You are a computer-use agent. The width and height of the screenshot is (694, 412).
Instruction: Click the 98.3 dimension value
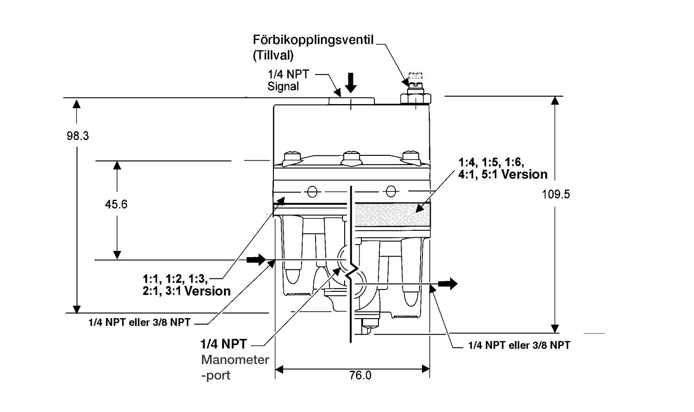[x=77, y=136]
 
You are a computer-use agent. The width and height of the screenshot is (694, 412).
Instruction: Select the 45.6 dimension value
[x=116, y=204]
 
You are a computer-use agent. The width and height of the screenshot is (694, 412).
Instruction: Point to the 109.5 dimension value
[x=556, y=194]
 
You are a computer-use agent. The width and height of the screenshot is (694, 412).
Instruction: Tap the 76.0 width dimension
[x=360, y=375]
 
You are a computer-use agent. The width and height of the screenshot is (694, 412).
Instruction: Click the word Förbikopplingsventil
[x=313, y=40]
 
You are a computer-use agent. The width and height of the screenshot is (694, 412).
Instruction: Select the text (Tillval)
[x=273, y=55]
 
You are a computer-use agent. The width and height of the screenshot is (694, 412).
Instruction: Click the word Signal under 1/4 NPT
[x=283, y=86]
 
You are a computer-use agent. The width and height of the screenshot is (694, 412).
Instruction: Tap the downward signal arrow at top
[x=351, y=82]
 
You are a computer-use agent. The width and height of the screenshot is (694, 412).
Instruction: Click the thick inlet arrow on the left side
[x=256, y=259]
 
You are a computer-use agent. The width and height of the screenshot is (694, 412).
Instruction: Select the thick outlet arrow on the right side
[x=447, y=283]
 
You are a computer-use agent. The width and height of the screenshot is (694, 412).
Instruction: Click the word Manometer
[x=235, y=360]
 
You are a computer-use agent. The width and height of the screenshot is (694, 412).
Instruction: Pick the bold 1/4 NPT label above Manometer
[x=223, y=344]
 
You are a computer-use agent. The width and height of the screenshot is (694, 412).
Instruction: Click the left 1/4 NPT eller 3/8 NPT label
[x=139, y=322]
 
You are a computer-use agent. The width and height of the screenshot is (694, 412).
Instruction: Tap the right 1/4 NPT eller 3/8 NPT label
[x=519, y=345]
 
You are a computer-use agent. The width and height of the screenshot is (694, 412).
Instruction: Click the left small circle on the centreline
[x=312, y=191]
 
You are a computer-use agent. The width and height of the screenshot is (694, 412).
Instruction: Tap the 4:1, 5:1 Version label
[x=503, y=174]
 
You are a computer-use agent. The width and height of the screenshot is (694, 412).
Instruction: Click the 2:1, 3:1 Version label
[x=186, y=291]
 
